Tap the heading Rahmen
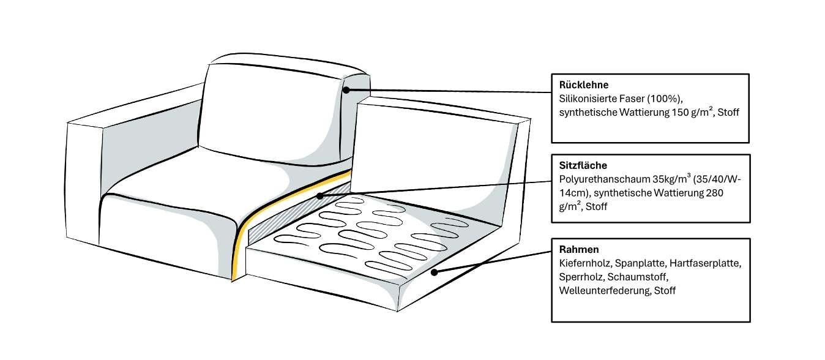[579, 250]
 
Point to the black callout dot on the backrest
[346, 90]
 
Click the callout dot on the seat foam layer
[320, 197]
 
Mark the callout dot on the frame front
[433, 272]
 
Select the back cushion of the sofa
[269, 110]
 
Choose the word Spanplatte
[636, 263]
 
